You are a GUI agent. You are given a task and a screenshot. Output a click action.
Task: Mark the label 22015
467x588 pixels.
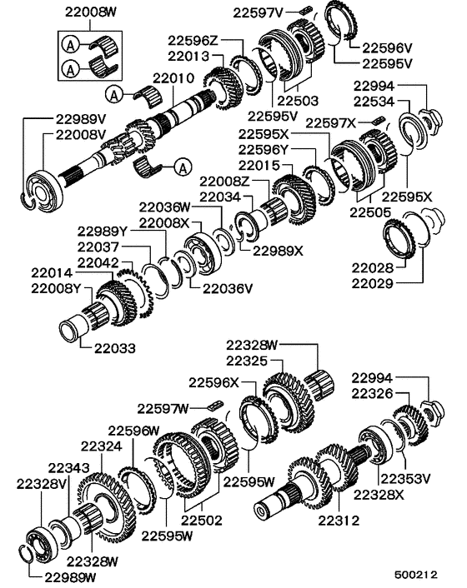click(259, 166)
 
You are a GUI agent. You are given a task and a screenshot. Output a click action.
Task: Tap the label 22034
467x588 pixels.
click(218, 196)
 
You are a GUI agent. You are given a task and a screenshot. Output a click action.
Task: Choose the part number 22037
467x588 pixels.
click(99, 247)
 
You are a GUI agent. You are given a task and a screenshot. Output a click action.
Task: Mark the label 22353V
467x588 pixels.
click(405, 478)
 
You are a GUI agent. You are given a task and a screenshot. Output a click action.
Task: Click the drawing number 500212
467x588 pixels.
click(417, 575)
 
